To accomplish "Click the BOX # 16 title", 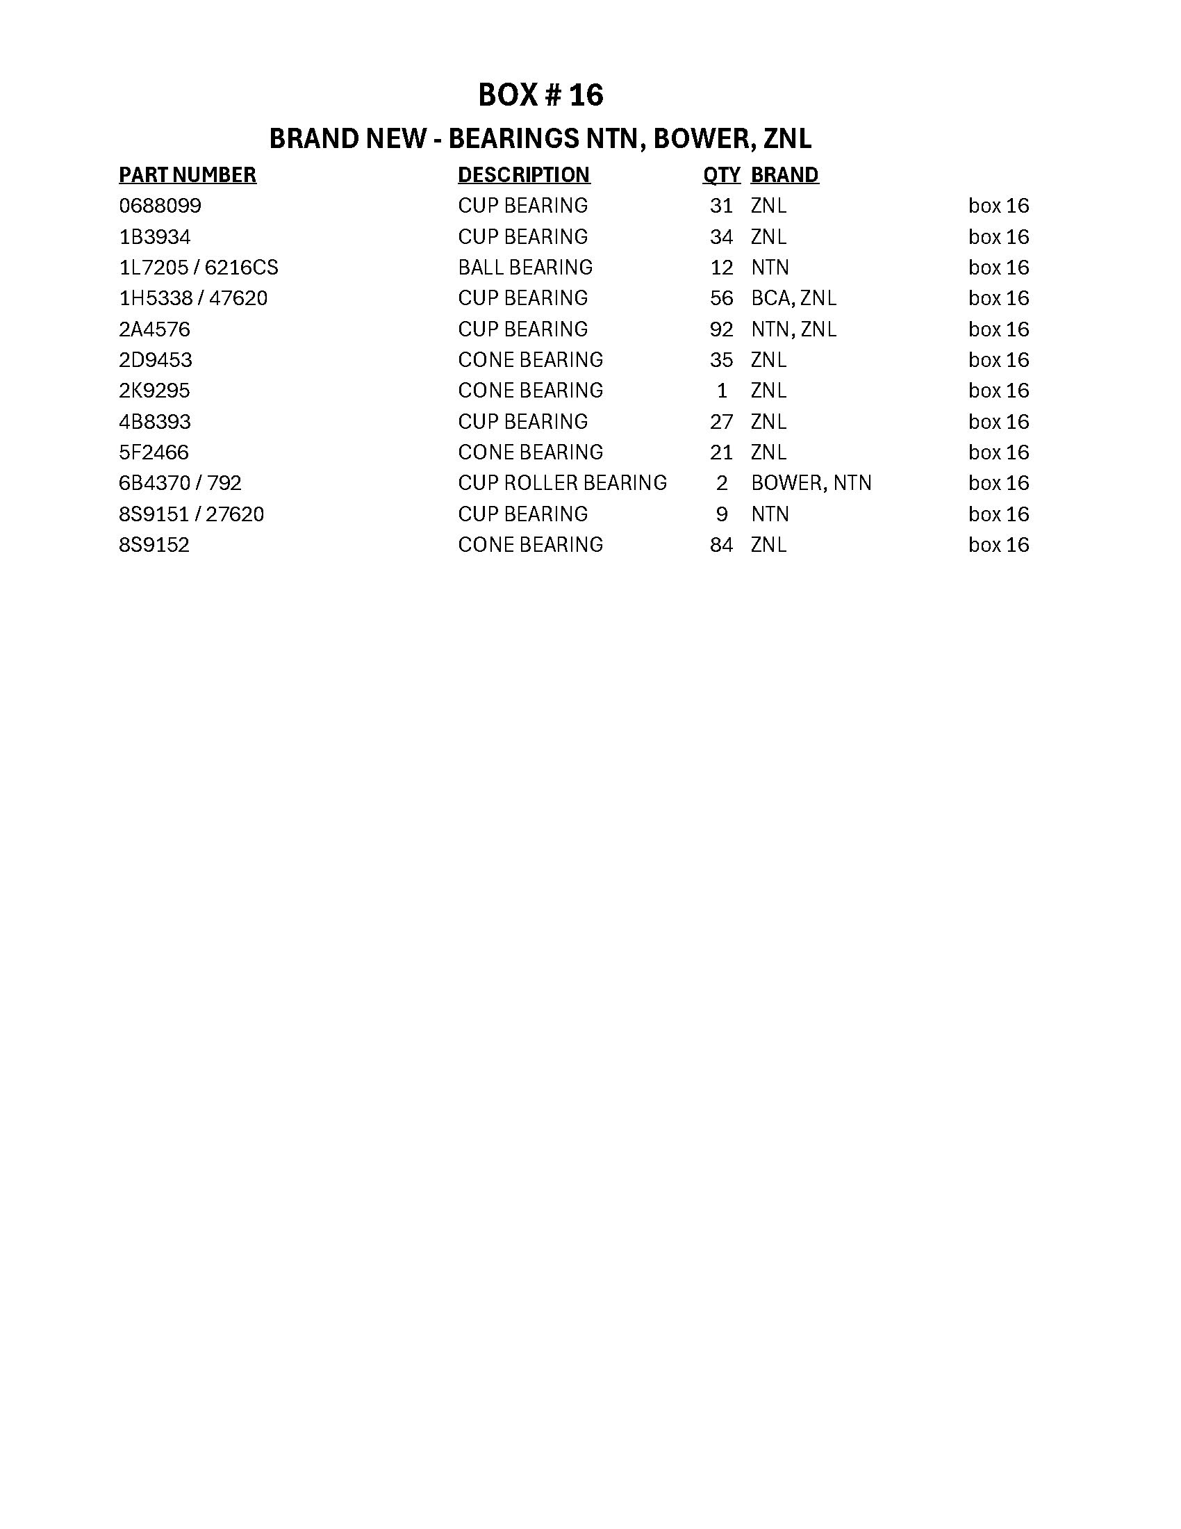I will point(540,95).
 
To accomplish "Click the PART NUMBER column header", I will point(188,174).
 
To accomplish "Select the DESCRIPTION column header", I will point(524,174).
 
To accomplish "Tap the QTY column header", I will point(721,174).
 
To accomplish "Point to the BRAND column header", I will point(784,174).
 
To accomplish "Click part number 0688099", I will point(160,206).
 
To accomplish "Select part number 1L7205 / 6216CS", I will point(199,268).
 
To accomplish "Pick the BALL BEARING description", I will point(525,268).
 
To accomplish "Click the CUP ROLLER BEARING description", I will point(563,483).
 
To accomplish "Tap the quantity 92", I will point(721,329).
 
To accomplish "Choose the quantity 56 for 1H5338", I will point(721,298).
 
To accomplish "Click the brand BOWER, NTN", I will point(811,483).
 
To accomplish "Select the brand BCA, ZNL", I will point(793,298).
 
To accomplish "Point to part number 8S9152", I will point(154,545).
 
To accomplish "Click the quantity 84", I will point(721,545).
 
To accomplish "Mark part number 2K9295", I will point(155,391).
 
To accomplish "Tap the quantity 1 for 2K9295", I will point(722,391).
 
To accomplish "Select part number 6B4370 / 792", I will point(181,483).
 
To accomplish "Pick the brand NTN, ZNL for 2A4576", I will point(793,329).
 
